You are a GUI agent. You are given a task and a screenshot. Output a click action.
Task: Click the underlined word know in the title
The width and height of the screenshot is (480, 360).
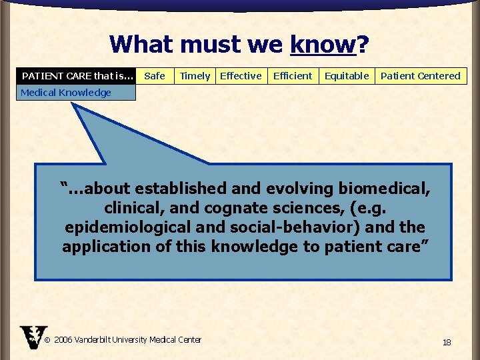tap(323, 45)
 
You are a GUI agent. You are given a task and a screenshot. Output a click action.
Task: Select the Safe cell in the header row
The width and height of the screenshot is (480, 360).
tap(155, 76)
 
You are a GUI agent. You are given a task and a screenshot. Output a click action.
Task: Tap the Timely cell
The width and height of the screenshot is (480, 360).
tap(195, 76)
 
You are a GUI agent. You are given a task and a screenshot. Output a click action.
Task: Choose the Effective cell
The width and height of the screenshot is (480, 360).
tap(241, 76)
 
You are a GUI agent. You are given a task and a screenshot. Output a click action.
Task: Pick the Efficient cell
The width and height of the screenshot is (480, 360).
tap(293, 76)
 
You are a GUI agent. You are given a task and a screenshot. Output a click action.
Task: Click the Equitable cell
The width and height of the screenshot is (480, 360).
tap(347, 76)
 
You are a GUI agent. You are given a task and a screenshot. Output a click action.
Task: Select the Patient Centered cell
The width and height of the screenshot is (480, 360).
tap(420, 76)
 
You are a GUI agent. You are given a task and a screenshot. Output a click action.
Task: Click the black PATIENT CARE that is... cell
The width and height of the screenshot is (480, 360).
tap(78, 76)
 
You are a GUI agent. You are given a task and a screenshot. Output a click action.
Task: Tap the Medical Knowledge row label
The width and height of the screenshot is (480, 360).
tap(66, 93)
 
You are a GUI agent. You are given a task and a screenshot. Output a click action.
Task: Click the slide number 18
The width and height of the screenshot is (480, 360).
tap(447, 342)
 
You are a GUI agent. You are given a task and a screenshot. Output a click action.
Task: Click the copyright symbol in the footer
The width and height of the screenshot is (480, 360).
tap(47, 340)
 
